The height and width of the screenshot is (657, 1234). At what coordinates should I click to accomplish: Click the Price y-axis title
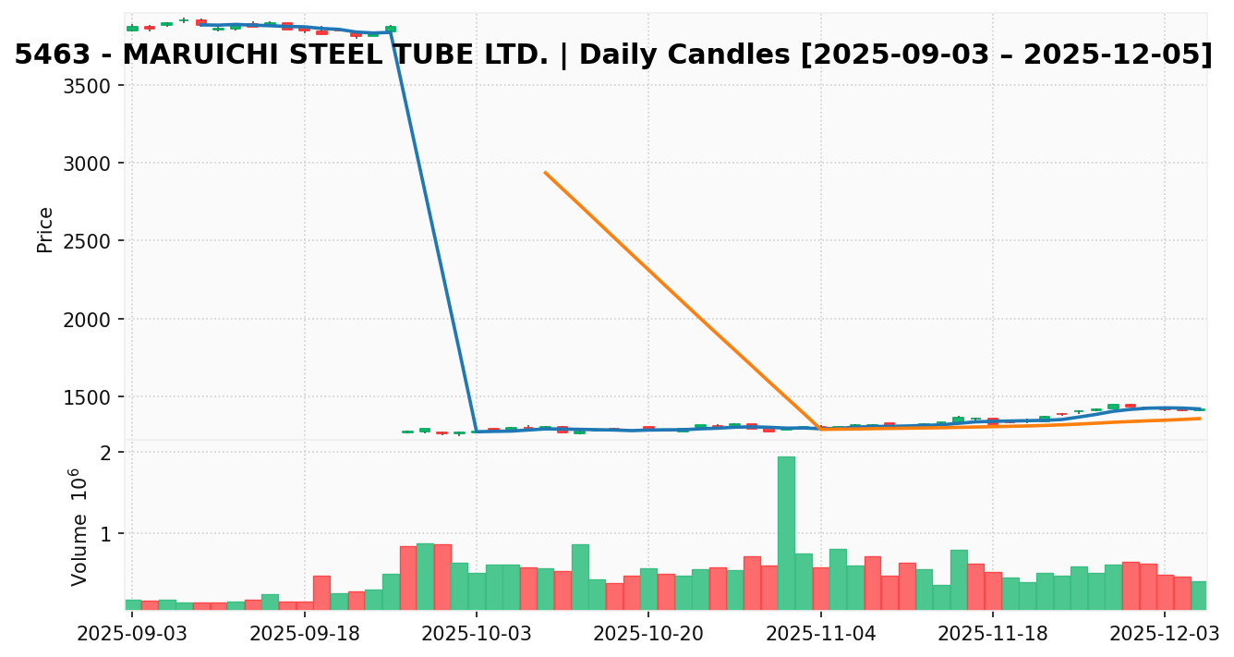[44, 229]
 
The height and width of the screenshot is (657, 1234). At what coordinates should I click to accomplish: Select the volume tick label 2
[106, 453]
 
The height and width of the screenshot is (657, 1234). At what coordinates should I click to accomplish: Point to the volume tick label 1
[106, 534]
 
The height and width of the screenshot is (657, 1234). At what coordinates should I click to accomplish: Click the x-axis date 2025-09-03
[132, 634]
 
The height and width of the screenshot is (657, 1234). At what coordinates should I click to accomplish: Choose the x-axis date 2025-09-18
[304, 634]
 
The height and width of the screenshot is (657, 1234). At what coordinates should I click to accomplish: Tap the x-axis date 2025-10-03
[477, 634]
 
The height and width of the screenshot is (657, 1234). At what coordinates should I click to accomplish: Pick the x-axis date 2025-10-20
[648, 634]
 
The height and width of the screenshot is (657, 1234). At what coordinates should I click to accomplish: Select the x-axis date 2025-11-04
[821, 634]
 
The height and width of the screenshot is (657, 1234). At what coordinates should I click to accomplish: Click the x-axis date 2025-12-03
[1165, 634]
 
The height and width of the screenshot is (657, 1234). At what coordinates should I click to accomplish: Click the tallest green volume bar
[786, 532]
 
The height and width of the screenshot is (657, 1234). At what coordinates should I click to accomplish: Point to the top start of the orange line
[545, 172]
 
